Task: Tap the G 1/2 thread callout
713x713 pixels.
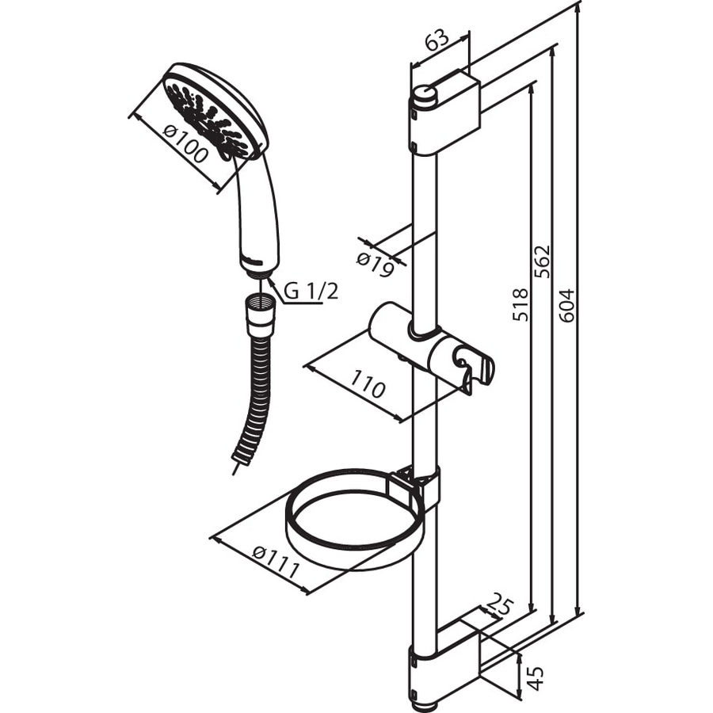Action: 311,292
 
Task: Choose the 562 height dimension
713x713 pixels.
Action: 543,261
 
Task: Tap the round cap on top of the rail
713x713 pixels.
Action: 424,97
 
